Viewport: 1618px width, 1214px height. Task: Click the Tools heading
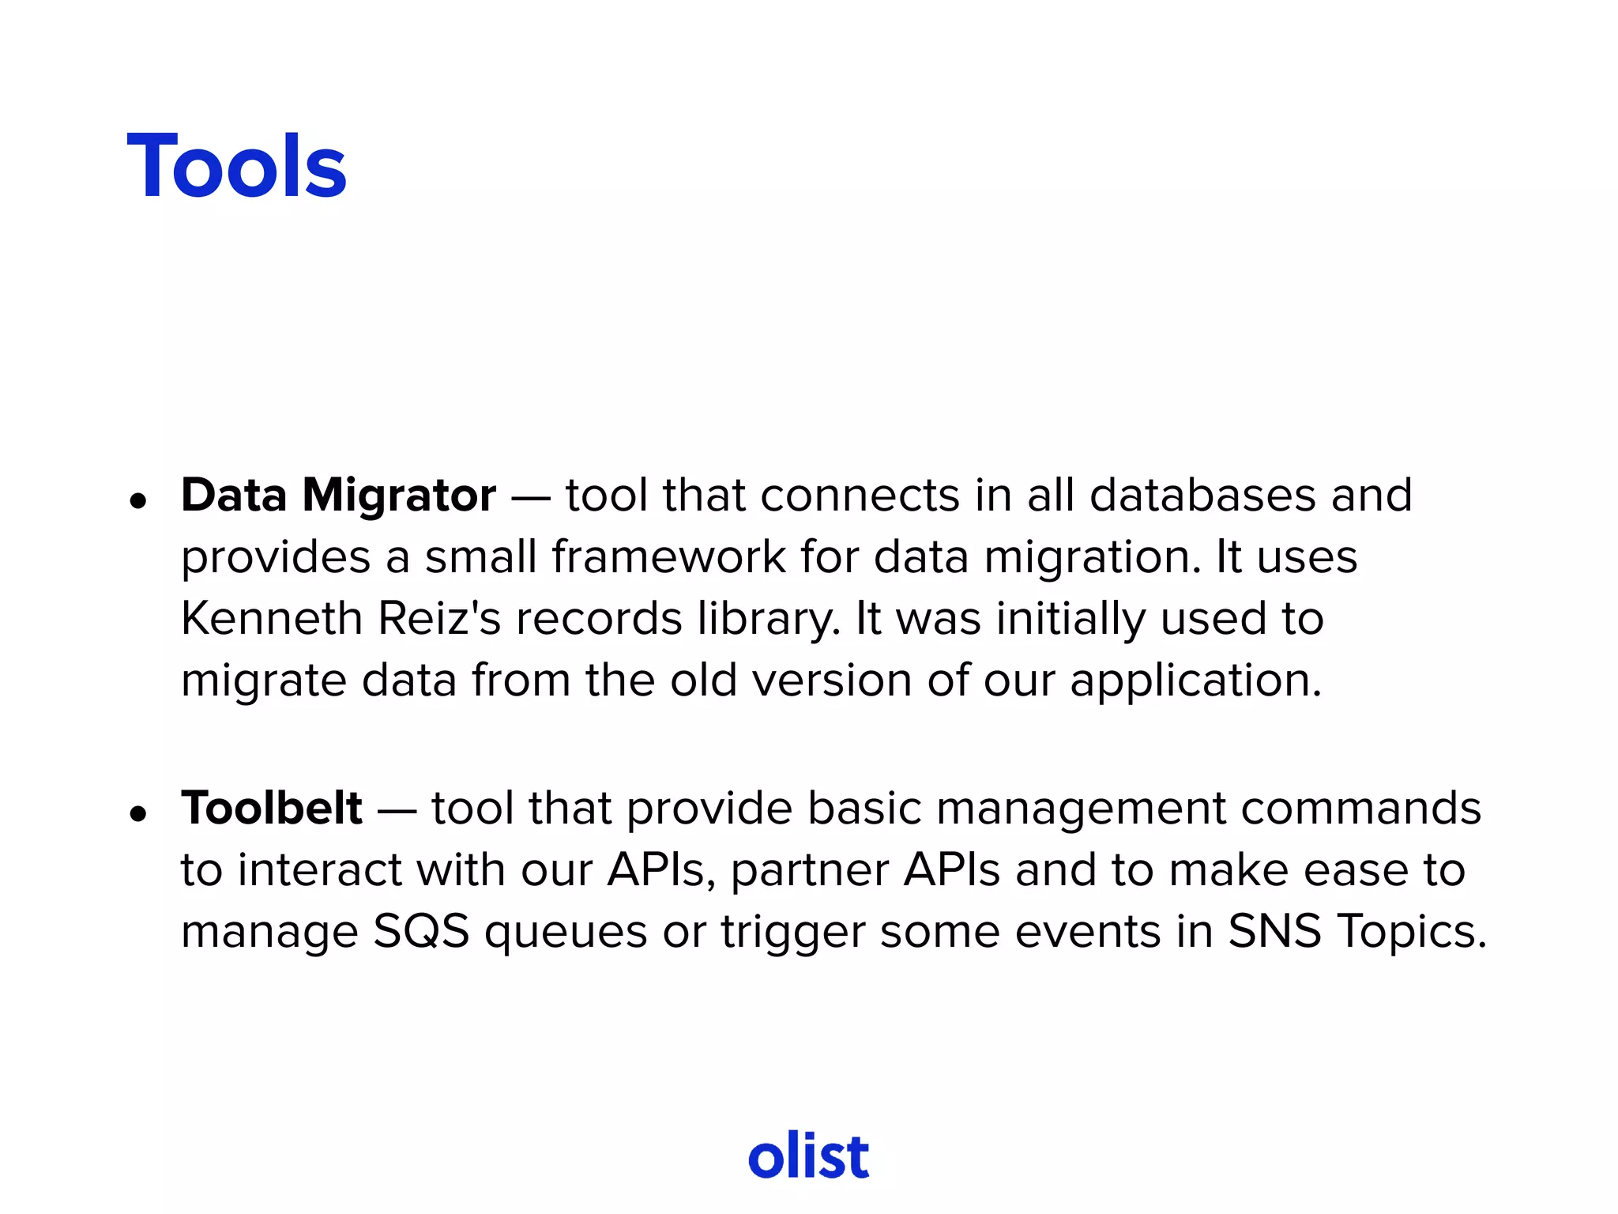tap(236, 166)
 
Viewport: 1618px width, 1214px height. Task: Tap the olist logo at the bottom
tap(808, 1156)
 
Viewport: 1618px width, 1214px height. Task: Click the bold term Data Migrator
tap(338, 496)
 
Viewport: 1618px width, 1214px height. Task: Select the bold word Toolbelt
tap(272, 809)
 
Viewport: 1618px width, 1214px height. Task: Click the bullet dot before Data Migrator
tap(139, 500)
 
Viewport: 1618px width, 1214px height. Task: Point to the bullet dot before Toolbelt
tap(139, 813)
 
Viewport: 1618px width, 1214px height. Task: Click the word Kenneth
tap(271, 618)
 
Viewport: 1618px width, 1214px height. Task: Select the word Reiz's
tap(439, 618)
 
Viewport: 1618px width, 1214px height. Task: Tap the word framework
tap(668, 556)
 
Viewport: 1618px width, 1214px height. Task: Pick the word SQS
tap(421, 931)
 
